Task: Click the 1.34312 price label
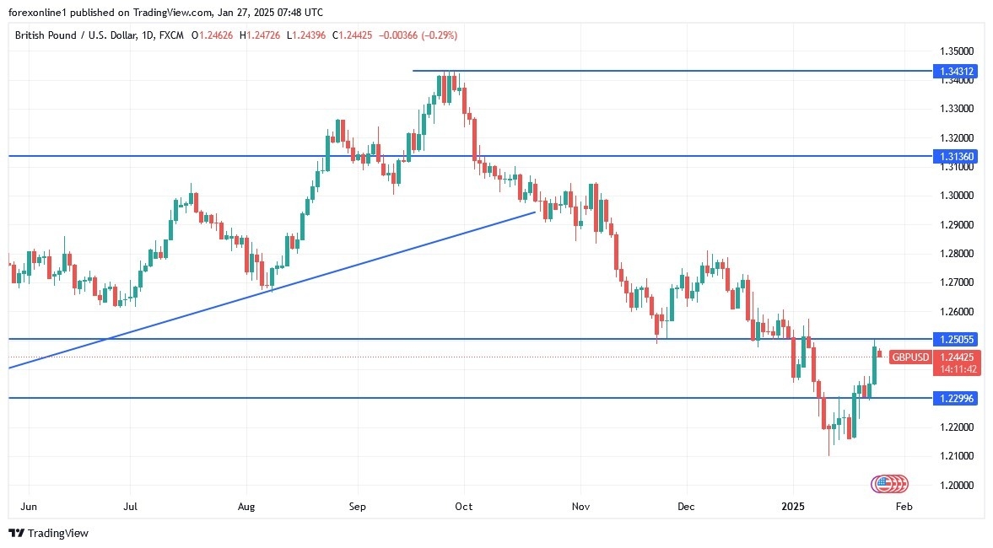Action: click(955, 72)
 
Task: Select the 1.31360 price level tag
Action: click(955, 156)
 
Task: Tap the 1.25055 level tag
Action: click(955, 339)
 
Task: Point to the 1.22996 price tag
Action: click(955, 398)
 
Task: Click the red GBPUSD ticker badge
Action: click(910, 357)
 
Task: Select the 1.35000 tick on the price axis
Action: click(954, 51)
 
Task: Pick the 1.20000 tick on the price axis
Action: click(954, 486)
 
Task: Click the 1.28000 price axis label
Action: click(954, 254)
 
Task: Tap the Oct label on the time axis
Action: click(463, 508)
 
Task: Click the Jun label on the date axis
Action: click(28, 508)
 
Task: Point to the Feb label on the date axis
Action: click(904, 508)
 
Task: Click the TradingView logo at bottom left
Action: click(48, 533)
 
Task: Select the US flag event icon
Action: click(883, 484)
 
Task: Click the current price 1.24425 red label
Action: click(955, 357)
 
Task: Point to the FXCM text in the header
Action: click(171, 35)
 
